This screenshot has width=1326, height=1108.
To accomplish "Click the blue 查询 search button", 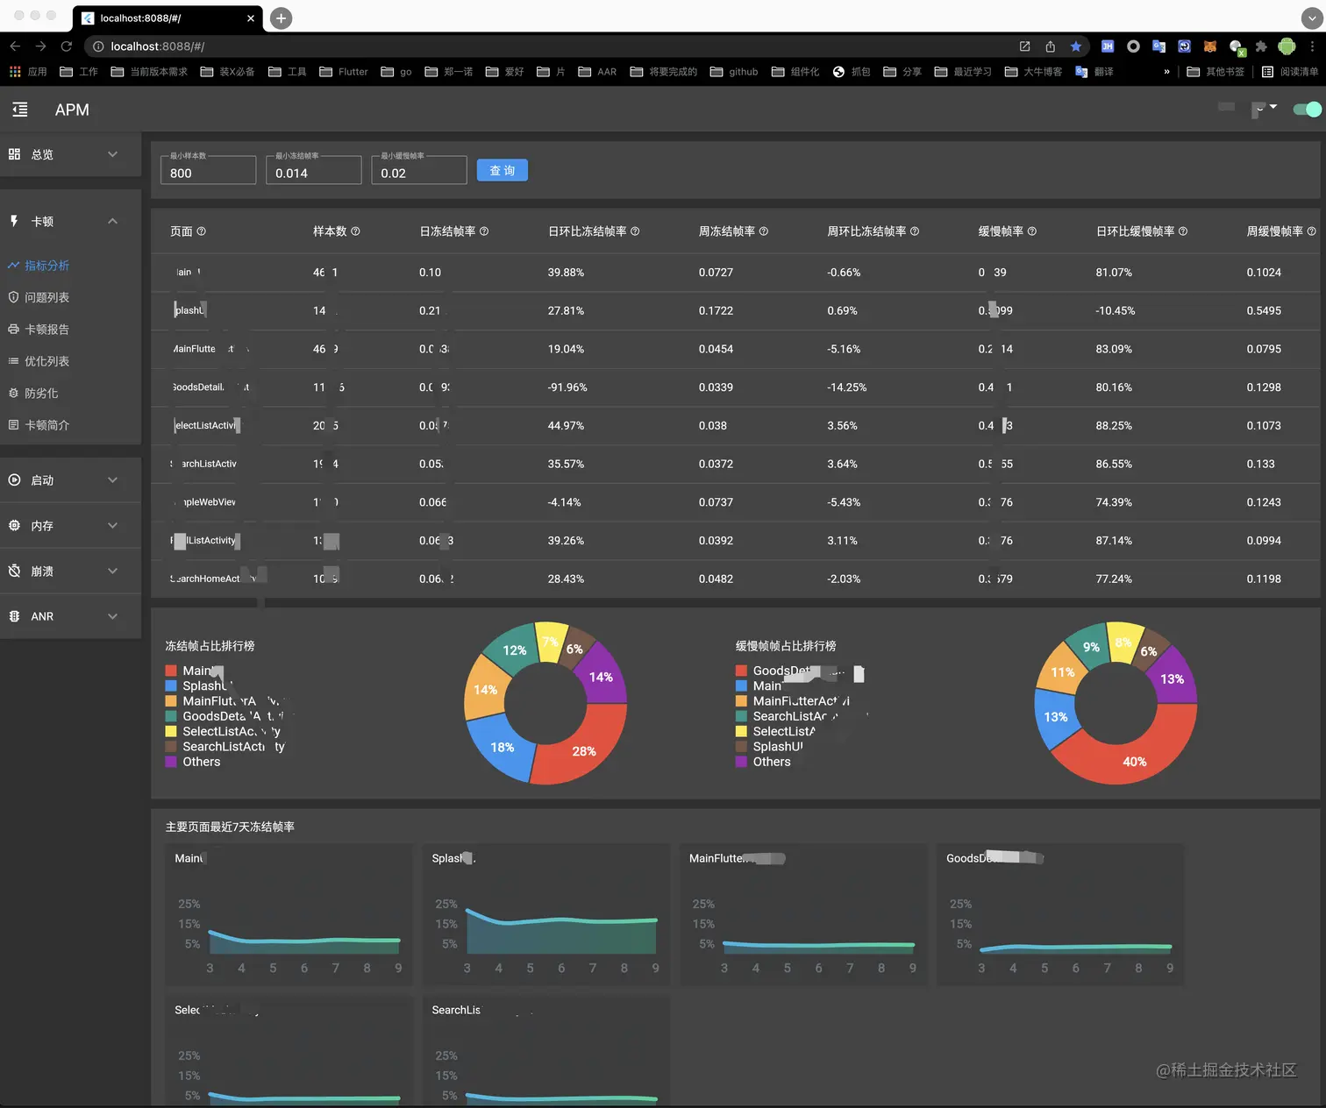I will [x=502, y=170].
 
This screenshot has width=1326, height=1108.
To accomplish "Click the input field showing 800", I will [x=208, y=172].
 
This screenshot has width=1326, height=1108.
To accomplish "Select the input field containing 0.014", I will [x=313, y=172].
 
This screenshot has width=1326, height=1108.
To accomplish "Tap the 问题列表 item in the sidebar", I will [x=46, y=297].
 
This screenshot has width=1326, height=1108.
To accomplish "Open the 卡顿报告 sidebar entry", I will [x=46, y=330].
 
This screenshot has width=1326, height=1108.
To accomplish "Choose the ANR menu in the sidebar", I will [x=42, y=616].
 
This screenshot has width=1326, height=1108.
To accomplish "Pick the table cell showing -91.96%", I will [x=567, y=387].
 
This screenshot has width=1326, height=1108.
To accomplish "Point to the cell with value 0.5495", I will [x=1264, y=310].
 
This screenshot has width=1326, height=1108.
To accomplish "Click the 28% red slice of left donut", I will [x=582, y=750].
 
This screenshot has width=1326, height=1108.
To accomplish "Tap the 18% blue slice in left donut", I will [x=502, y=747].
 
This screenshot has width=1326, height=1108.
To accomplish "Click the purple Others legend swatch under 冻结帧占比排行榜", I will [x=171, y=762].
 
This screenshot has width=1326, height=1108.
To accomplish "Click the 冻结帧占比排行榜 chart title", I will [x=210, y=646].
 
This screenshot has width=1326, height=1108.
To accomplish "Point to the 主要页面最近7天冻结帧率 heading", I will [x=230, y=827].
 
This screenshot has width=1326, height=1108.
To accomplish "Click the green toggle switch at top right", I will [x=1307, y=110].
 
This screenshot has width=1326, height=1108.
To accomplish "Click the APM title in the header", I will [x=72, y=110].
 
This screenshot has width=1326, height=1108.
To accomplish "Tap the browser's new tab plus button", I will [x=281, y=18].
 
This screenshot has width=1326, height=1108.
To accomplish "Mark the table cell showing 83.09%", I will [x=1114, y=349].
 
